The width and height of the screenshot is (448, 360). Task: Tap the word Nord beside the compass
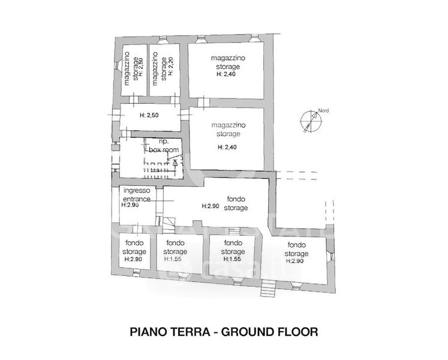[323, 111]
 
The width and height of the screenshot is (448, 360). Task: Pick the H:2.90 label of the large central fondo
[211, 206]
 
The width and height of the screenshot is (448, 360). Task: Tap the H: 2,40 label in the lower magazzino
[228, 146]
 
